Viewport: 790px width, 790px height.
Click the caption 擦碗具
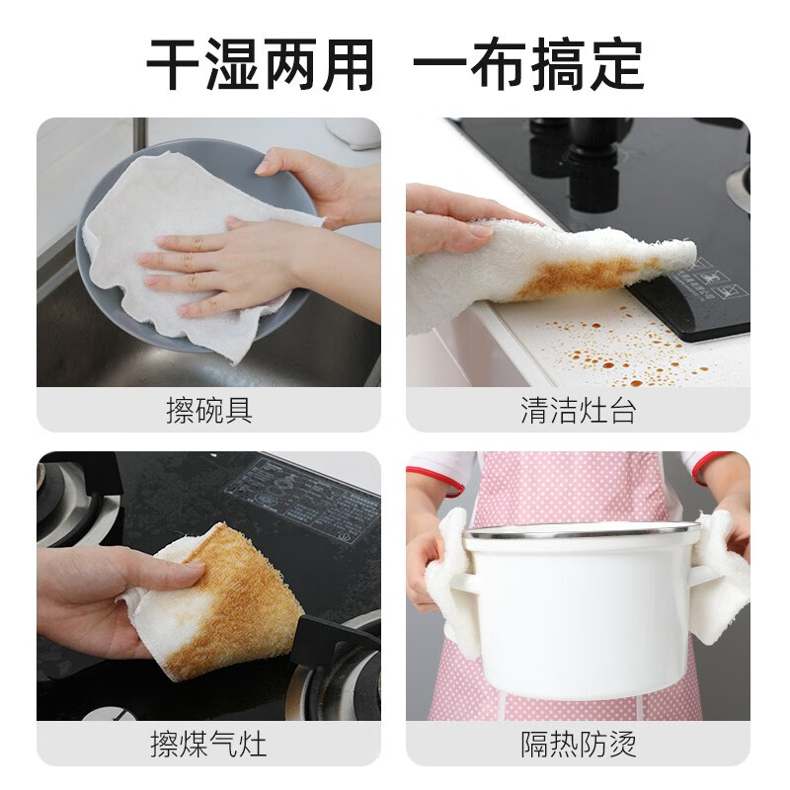[x=208, y=411]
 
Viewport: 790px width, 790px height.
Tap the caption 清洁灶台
[x=578, y=411]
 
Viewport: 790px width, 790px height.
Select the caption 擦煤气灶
[x=208, y=743]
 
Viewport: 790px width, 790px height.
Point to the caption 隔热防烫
[x=578, y=743]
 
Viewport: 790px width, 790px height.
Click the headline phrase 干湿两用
[x=261, y=65]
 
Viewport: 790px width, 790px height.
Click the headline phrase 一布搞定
[x=528, y=65]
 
